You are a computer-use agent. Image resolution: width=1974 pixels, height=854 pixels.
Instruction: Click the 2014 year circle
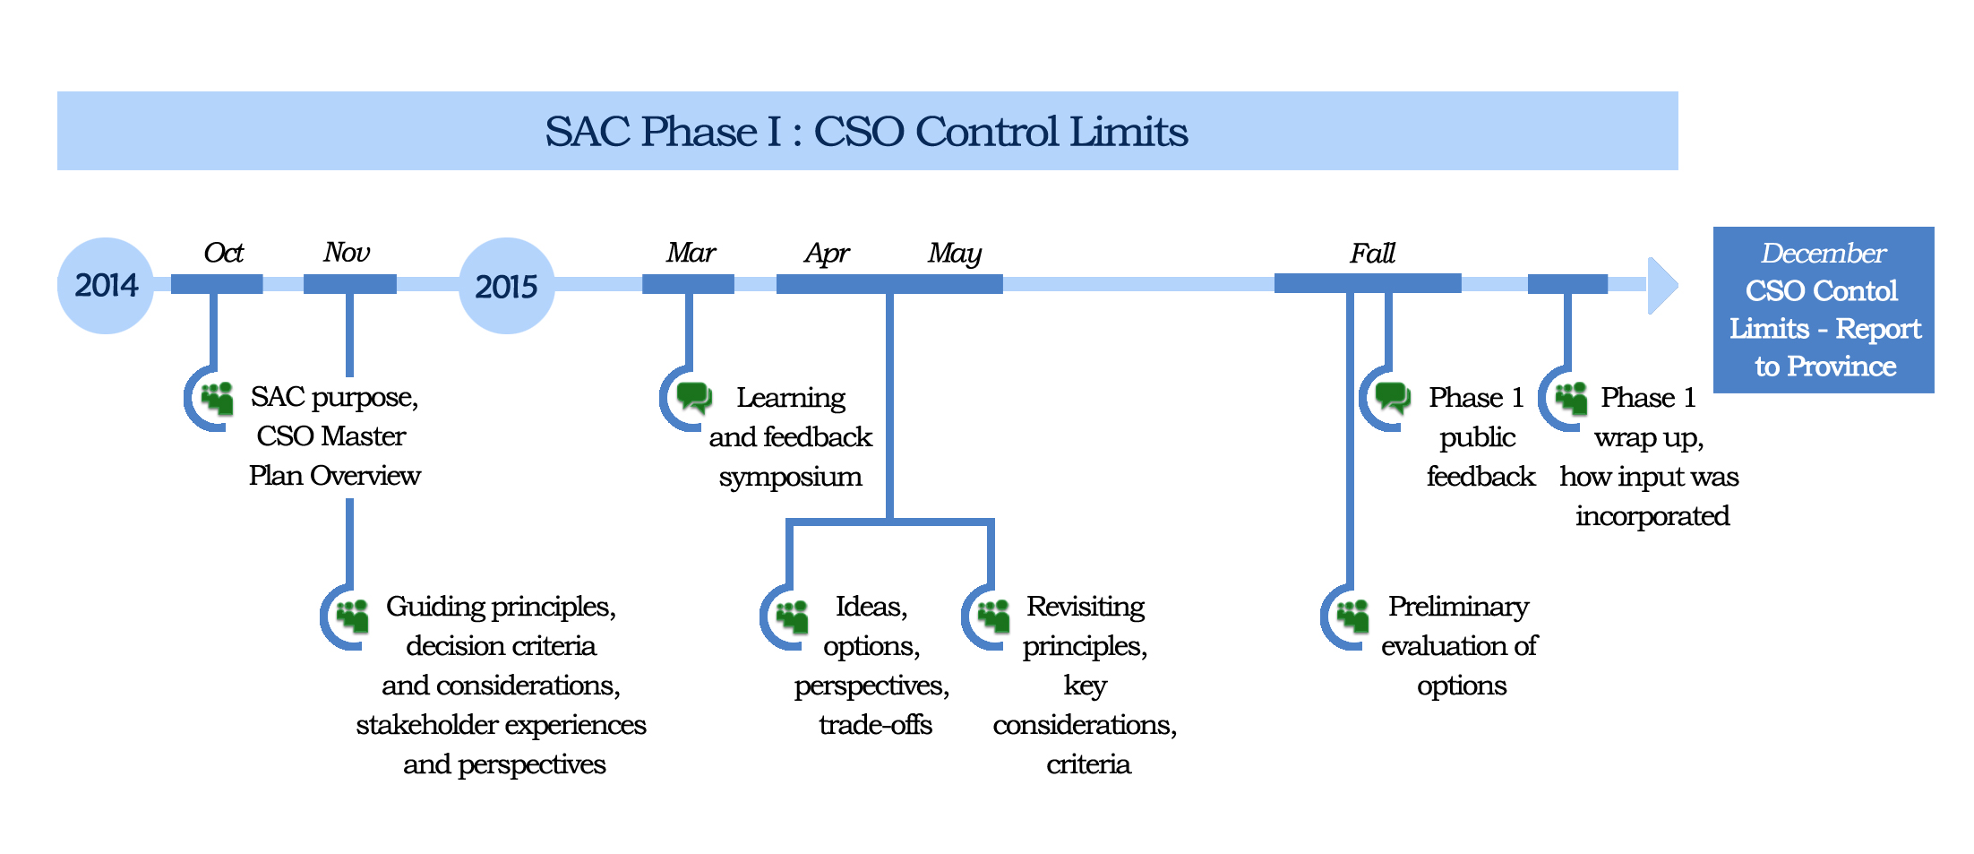106,286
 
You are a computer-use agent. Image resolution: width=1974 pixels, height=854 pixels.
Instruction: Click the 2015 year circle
507,286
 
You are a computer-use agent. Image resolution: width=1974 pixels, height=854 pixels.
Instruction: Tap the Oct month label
223,253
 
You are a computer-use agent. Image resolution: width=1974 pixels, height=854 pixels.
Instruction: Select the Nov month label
347,253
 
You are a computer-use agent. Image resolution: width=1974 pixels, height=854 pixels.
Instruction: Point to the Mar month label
691,253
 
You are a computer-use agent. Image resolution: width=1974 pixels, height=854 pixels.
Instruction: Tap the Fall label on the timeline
1372,253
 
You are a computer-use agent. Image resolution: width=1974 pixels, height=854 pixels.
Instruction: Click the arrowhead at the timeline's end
1663,286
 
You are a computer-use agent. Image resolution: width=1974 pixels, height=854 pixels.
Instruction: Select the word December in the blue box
1824,254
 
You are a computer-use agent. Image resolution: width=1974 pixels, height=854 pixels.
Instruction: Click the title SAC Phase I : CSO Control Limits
866,132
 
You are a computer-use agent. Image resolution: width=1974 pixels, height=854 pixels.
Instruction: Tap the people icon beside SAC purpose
218,398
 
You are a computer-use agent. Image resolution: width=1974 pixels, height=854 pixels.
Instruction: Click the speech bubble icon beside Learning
694,397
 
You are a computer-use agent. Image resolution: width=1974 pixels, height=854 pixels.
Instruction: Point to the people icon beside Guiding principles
353,616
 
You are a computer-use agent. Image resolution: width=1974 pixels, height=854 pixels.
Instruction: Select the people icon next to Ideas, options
793,616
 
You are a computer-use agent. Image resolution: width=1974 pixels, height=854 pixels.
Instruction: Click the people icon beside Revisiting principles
994,616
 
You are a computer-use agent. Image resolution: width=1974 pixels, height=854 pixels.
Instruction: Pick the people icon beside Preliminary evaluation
1353,616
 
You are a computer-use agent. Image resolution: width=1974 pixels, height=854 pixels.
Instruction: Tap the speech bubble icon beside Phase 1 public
1394,397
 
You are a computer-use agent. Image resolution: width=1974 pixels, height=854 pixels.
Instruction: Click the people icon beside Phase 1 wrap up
1572,398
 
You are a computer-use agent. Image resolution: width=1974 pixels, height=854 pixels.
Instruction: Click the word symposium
790,478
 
